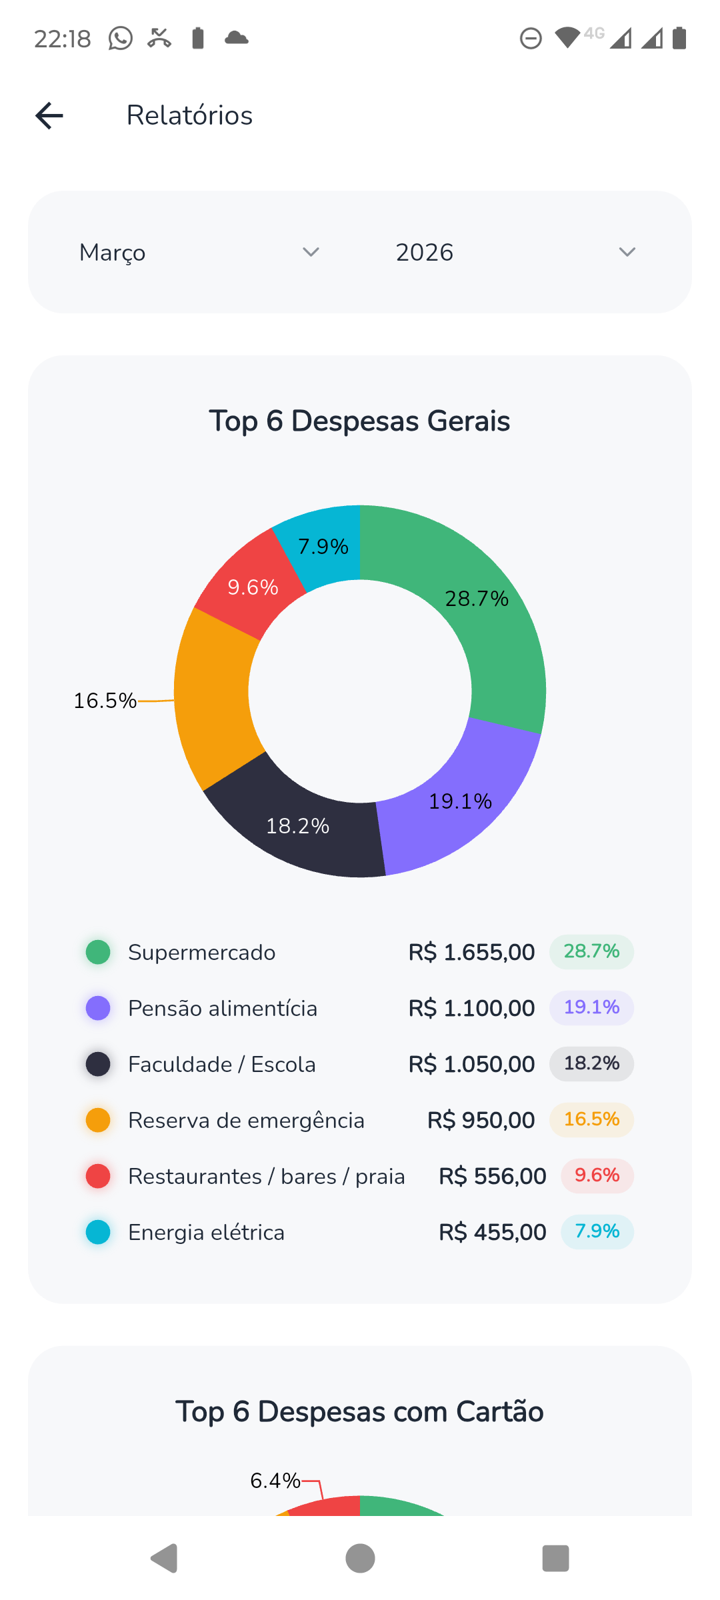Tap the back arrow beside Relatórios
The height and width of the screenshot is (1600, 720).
[49, 115]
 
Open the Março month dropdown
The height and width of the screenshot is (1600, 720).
[199, 253]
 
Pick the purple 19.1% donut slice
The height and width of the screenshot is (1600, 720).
[460, 800]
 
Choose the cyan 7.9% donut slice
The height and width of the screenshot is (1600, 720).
[323, 545]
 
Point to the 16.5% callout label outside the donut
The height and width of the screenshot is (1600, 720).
[105, 701]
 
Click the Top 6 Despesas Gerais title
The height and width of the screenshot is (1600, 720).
[359, 421]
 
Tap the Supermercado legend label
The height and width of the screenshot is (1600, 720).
[201, 952]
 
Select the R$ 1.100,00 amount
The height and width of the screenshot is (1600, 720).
[471, 1008]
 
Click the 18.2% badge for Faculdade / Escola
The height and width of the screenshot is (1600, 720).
[591, 1063]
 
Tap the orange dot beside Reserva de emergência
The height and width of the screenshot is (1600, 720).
[98, 1120]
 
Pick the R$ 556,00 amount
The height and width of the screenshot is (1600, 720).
[492, 1176]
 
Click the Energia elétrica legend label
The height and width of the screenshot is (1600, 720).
[206, 1232]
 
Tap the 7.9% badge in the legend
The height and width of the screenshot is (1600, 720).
[597, 1231]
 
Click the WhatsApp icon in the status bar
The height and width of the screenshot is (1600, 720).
[121, 39]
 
